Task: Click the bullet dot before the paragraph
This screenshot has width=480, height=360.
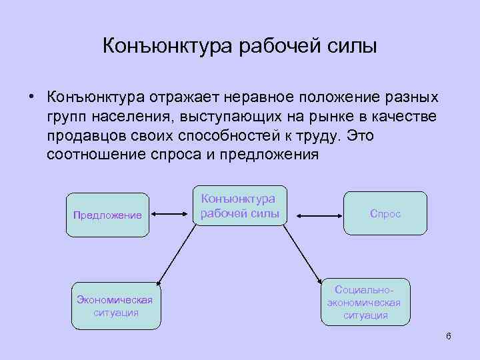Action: pos(31,97)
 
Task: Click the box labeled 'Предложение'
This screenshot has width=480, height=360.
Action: pos(108,214)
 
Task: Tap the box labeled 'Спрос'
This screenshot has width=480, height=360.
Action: pos(385,214)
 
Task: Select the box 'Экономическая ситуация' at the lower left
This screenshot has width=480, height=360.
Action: pos(116,305)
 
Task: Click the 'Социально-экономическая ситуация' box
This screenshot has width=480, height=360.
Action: pos(365,302)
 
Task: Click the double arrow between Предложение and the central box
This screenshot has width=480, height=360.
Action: pos(170,215)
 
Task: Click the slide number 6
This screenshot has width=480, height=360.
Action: pos(448,335)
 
